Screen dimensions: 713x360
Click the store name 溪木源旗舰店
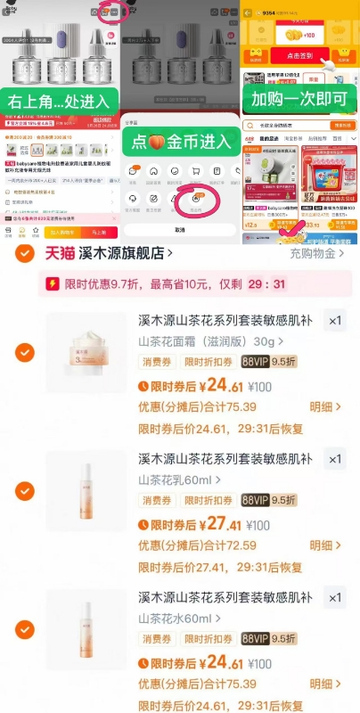point(123,254)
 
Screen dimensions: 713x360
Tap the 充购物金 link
point(318,254)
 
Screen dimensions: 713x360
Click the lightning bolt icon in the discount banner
point(54,285)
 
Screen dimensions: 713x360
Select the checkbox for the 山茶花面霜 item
point(25,353)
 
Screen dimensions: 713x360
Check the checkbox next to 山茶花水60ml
point(25,631)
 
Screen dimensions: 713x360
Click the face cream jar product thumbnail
point(86,353)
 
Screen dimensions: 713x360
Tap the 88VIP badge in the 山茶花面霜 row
point(255,363)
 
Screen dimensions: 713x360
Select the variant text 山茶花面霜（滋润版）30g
point(205,341)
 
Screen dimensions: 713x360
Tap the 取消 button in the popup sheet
point(179,230)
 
